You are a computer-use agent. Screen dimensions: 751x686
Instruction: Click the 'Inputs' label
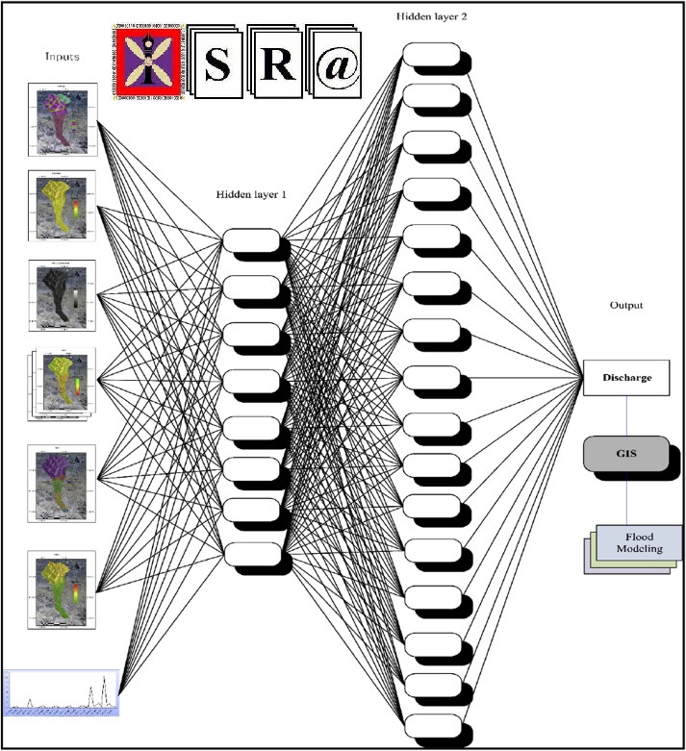click(62, 57)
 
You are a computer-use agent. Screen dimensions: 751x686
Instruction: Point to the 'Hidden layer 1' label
click(251, 194)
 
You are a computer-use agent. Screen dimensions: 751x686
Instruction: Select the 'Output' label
click(625, 306)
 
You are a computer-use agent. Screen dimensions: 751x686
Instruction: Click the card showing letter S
click(217, 63)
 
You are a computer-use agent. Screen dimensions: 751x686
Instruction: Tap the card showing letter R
click(278, 62)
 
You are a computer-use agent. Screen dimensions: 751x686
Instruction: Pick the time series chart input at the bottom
click(61, 690)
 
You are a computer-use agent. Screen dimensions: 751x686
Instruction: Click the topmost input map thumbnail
click(62, 120)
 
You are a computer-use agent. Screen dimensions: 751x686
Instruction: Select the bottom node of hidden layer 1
click(251, 553)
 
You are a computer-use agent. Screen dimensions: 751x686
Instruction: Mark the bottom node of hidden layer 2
click(430, 723)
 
